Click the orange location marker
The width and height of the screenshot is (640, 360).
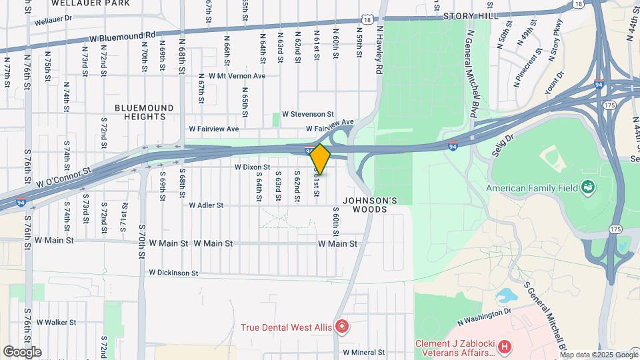pyautogui.click(x=321, y=159)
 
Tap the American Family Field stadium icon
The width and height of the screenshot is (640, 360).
pyautogui.click(x=588, y=187)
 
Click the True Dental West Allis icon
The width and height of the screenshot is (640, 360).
pyautogui.click(x=342, y=326)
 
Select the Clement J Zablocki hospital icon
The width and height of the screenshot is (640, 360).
pyautogui.click(x=505, y=347)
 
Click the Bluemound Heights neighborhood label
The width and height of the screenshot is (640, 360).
pyautogui.click(x=144, y=112)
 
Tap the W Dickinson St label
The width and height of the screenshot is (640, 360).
pyautogui.click(x=173, y=273)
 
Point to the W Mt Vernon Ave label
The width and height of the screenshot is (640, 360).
pyautogui.click(x=237, y=76)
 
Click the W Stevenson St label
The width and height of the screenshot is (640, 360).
pyautogui.click(x=307, y=115)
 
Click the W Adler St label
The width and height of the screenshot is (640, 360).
pyautogui.click(x=206, y=205)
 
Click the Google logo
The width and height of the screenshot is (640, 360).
pyautogui.click(x=22, y=351)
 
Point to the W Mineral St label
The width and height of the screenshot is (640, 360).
pyautogui.click(x=364, y=352)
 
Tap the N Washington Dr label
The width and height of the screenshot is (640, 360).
pyautogui.click(x=484, y=317)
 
